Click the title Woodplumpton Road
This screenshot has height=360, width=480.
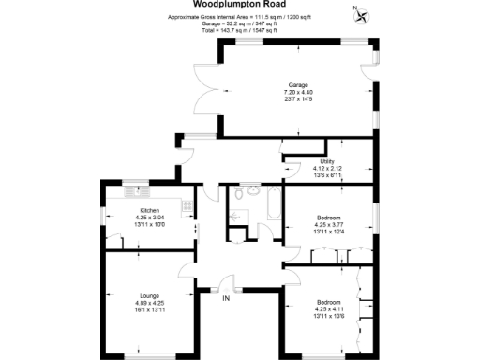click(x=240, y=4)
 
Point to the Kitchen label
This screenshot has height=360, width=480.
click(x=149, y=210)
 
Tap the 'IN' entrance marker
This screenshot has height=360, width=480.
click(x=226, y=299)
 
